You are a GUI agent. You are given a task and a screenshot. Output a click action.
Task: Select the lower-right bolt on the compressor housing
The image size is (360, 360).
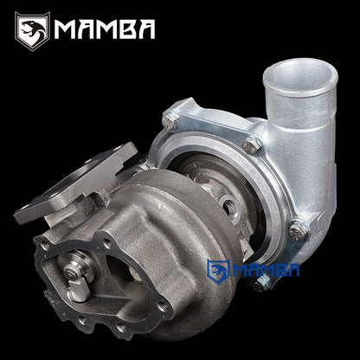tap(299, 230)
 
